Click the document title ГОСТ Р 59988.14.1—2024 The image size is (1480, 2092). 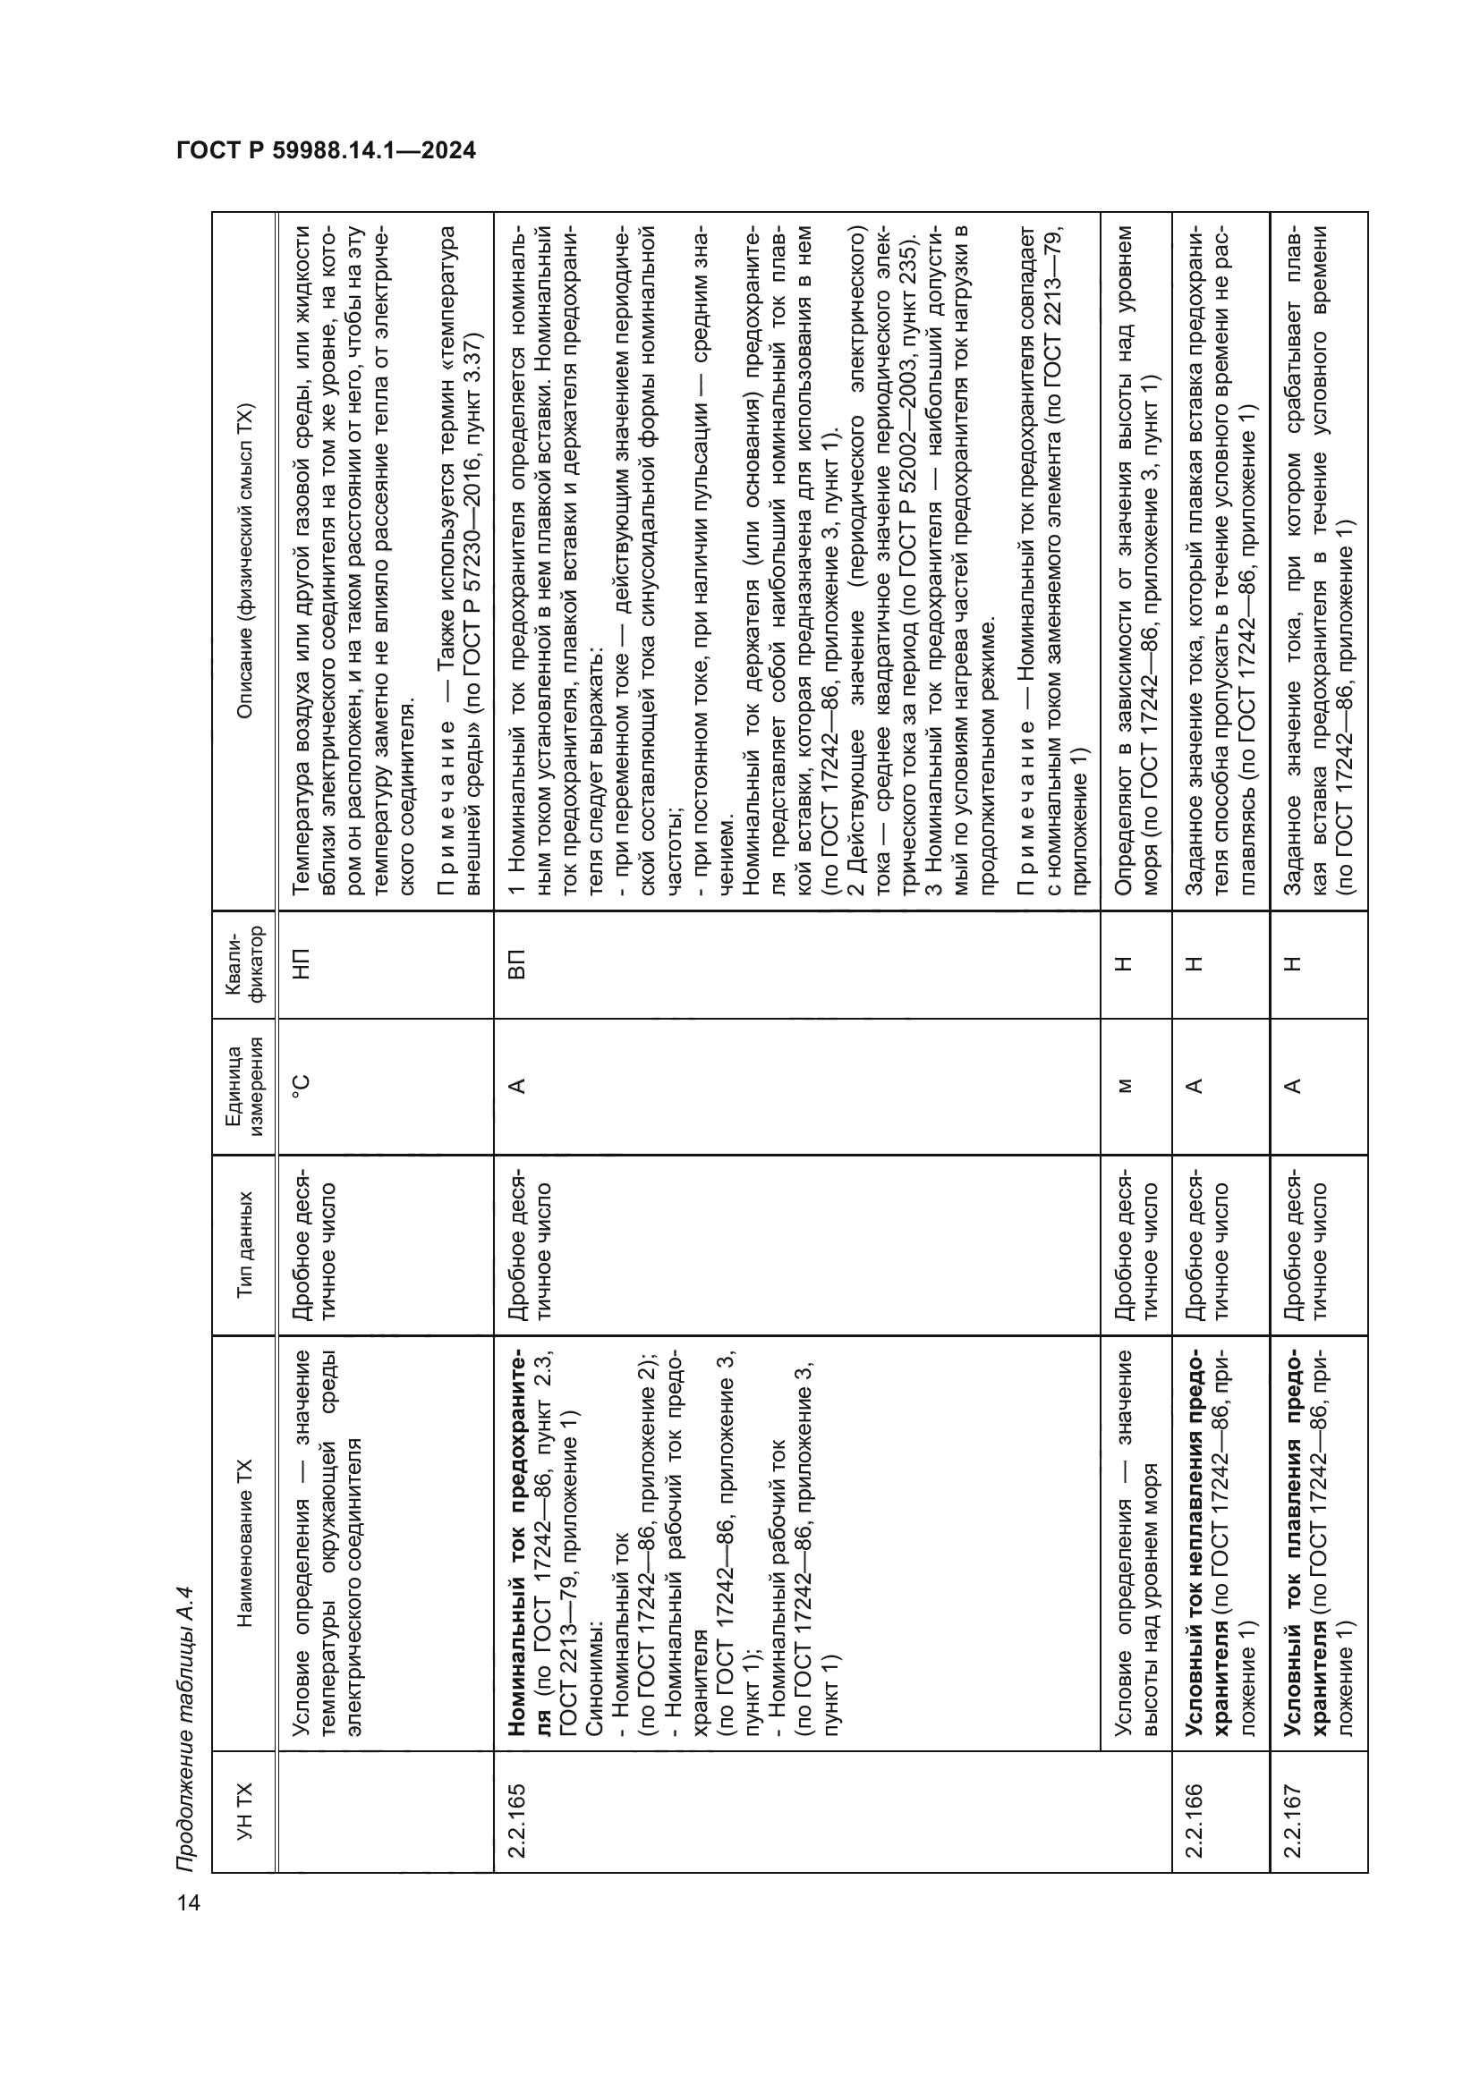click(x=327, y=150)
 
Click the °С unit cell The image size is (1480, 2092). click(x=303, y=1086)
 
